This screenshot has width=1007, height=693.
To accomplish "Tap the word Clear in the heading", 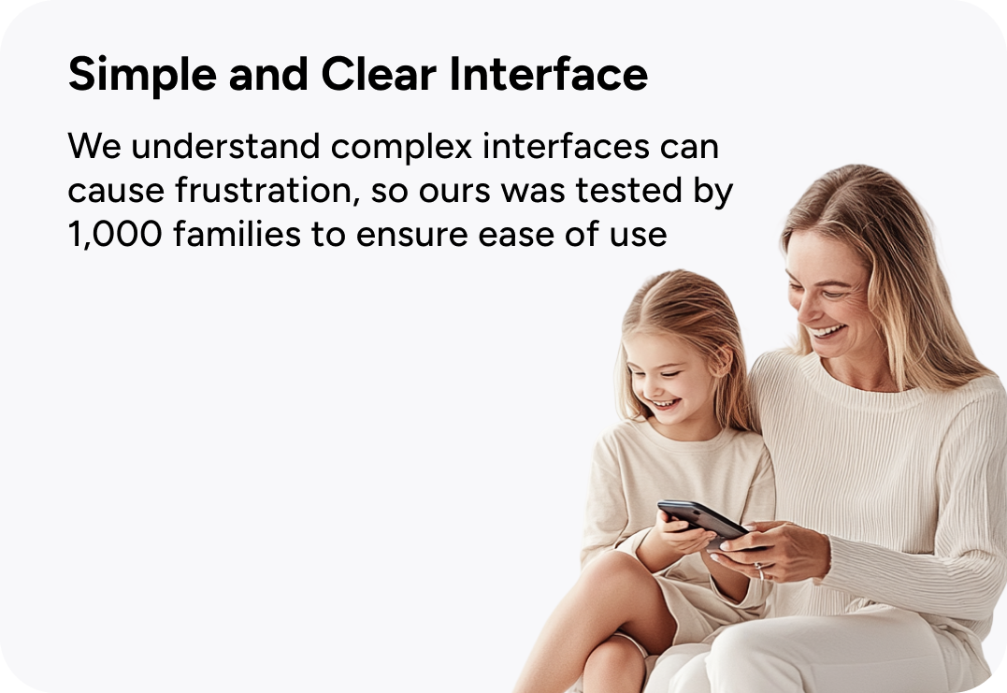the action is coord(379,75).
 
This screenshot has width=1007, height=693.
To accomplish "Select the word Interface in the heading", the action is coord(549,74).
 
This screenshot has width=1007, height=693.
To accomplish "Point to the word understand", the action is coord(225,147).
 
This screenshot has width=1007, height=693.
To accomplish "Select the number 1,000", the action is coord(115,235).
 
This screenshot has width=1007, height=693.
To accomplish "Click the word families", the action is coord(237,234).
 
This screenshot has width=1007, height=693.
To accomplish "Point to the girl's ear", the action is coord(724,363).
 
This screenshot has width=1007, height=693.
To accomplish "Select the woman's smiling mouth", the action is coord(827,331).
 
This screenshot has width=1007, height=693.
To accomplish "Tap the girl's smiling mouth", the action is coord(666,404).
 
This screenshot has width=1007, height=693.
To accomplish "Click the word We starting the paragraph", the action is coord(94,147).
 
